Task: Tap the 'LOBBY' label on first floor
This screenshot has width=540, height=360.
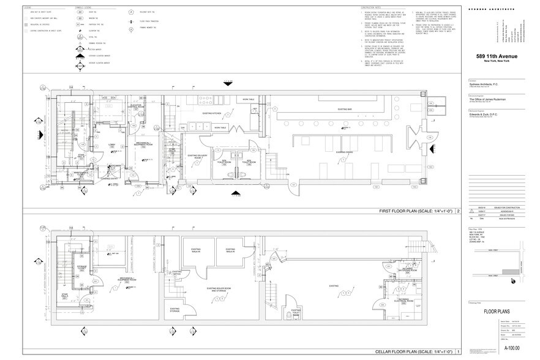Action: click(x=112, y=145)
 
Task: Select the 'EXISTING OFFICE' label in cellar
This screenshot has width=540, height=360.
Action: click(x=176, y=272)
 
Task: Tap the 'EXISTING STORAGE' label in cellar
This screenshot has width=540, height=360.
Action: click(x=174, y=310)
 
